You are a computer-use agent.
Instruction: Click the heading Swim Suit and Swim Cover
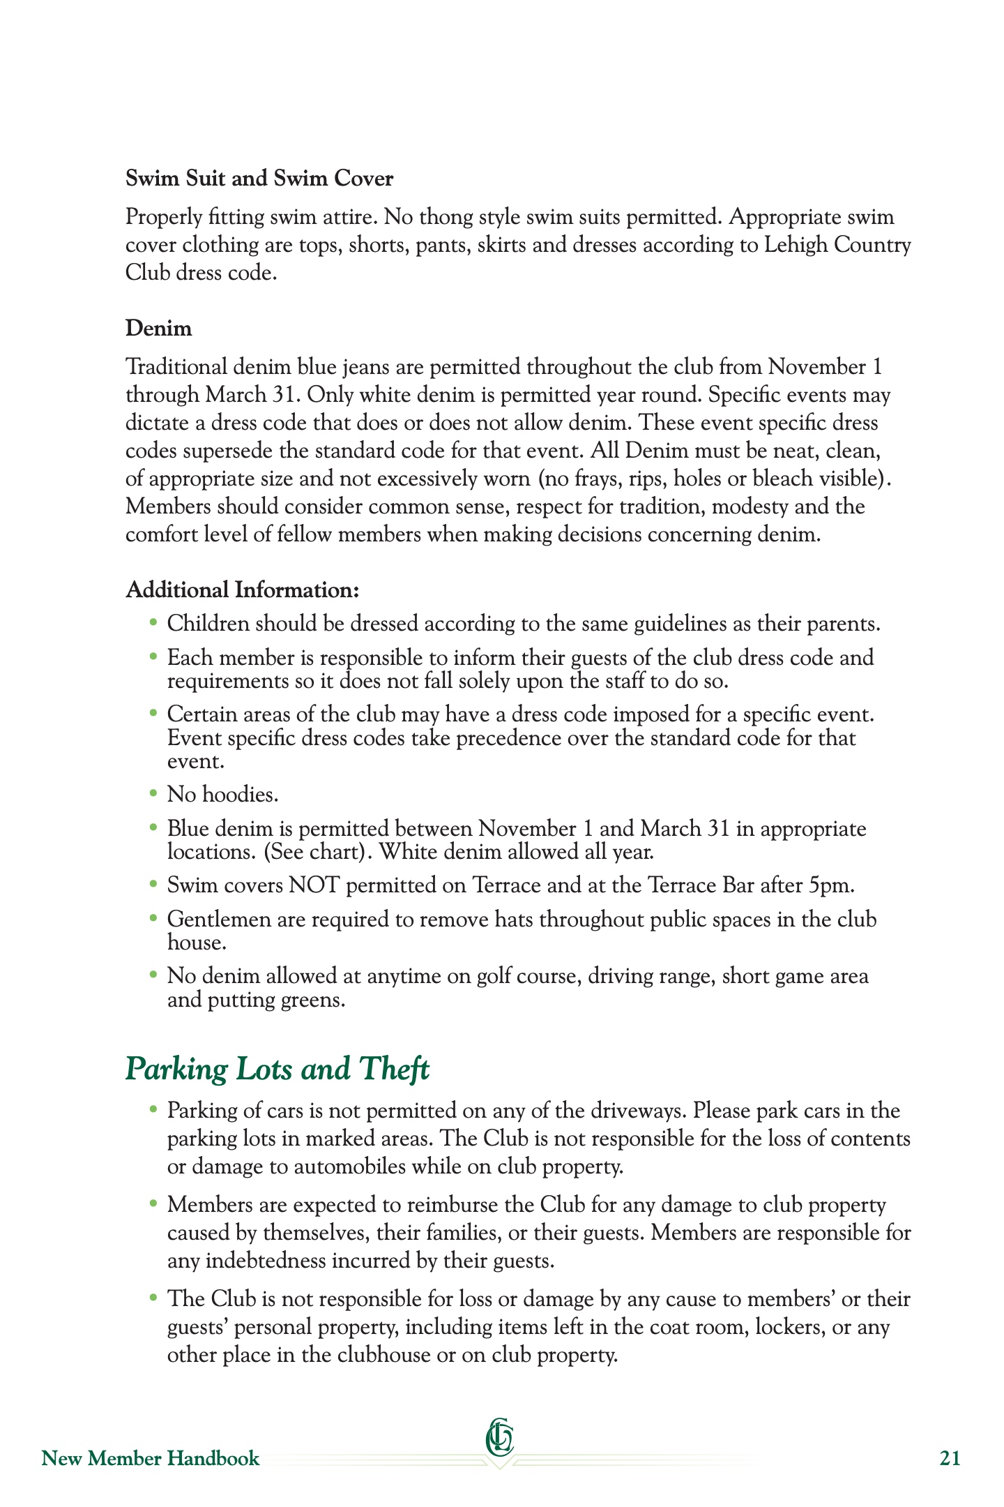pyautogui.click(x=259, y=179)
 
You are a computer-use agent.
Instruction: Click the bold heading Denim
pyautogui.click(x=158, y=328)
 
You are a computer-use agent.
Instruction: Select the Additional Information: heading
pyautogui.click(x=243, y=590)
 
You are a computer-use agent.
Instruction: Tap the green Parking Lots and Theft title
pyautogui.click(x=277, y=1069)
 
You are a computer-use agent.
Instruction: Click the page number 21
pyautogui.click(x=950, y=1458)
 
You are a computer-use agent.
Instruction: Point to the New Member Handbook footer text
pyautogui.click(x=151, y=1458)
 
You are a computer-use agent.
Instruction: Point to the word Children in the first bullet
pyautogui.click(x=208, y=624)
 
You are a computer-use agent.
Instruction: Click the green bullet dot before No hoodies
pyautogui.click(x=154, y=793)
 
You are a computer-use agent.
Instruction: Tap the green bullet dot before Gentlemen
pyautogui.click(x=154, y=918)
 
